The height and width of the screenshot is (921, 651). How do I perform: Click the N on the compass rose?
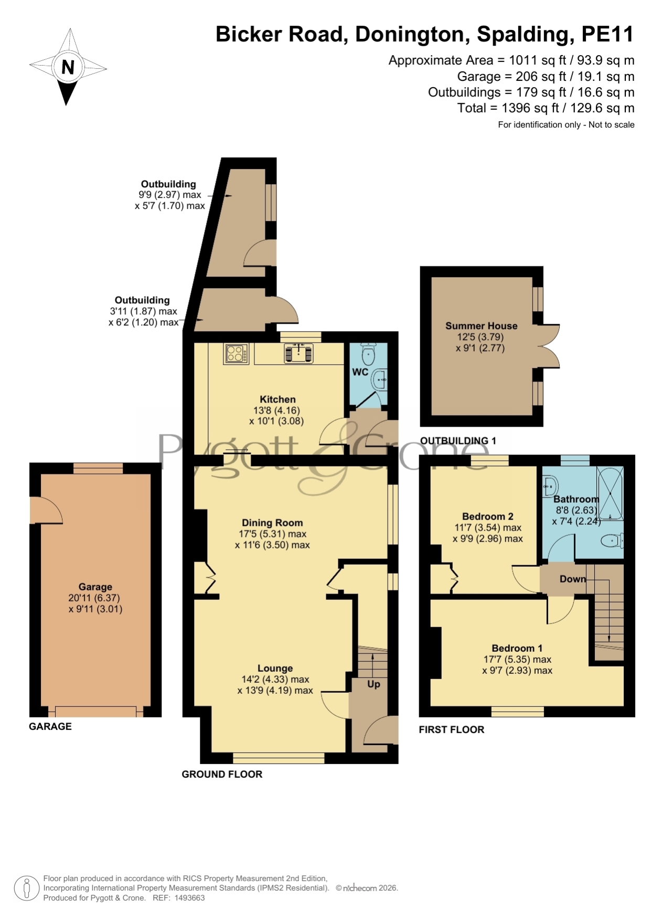(68, 67)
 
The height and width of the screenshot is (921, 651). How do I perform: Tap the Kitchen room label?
(278, 399)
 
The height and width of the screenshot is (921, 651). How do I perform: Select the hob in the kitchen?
(237, 353)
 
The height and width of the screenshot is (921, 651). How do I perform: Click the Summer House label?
(482, 326)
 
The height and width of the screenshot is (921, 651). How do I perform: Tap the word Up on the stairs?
(373, 684)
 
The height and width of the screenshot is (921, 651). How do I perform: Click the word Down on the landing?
(572, 579)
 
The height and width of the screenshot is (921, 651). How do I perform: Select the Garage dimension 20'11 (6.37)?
(94, 598)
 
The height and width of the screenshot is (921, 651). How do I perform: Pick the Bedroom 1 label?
(517, 648)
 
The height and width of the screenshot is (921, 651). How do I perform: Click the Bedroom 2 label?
(487, 516)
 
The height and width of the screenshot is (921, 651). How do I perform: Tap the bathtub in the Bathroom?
(611, 493)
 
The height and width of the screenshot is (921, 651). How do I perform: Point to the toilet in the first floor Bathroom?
(612, 541)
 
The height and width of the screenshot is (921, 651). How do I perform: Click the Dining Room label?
(272, 523)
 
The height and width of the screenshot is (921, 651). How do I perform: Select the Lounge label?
(275, 668)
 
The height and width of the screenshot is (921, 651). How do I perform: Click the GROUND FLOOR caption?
(222, 774)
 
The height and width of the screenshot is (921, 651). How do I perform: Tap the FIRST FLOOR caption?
(451, 729)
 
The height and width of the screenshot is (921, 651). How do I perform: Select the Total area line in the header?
(546, 108)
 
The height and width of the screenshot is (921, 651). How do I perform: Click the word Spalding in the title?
(523, 35)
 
